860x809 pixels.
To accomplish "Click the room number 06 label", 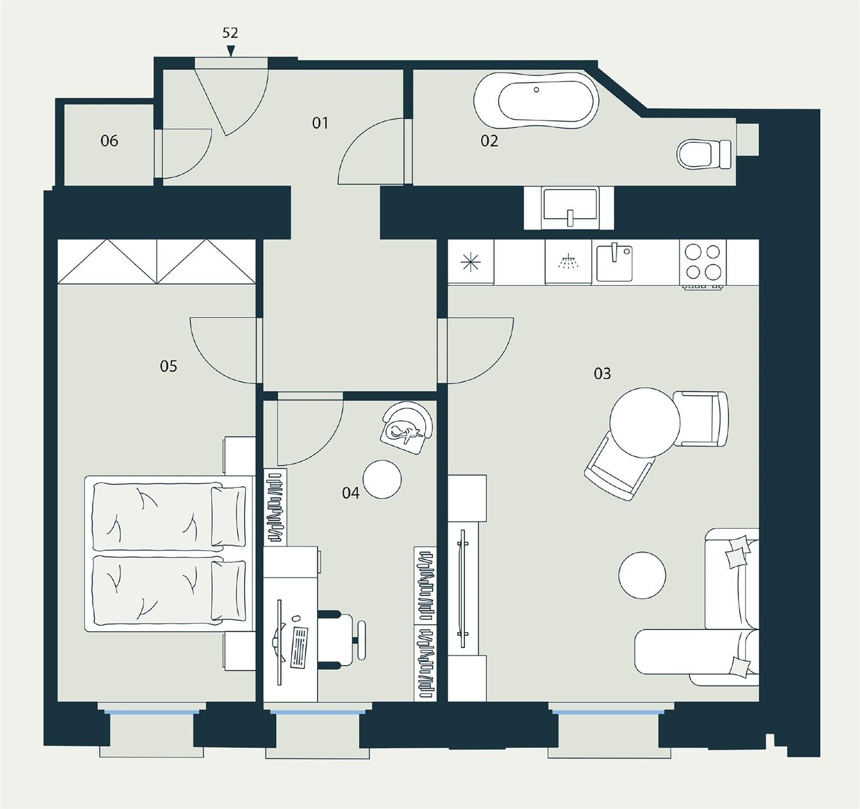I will pos(109,141).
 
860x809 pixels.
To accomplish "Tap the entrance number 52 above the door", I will pos(230,33).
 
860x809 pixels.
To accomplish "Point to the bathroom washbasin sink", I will pos(569,207).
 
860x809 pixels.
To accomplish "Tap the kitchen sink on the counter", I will pos(614,262).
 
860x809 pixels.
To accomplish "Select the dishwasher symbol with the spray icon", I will pos(568,262).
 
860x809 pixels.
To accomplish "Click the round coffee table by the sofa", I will pos(643,575).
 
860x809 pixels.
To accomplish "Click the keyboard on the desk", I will pos(299,646).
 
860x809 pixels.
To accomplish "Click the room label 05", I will pos(168,366).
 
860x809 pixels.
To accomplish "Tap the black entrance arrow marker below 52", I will pos(231,51).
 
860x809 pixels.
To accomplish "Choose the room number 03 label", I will pos(602,373).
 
